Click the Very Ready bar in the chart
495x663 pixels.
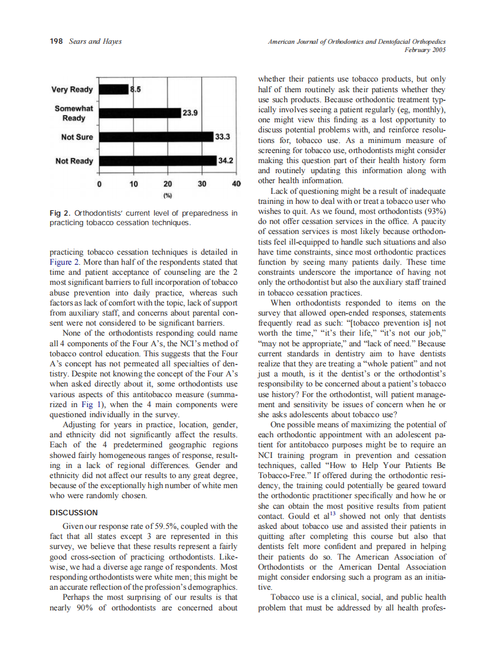pyautogui.click(x=113, y=89)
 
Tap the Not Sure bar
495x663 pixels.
pyautogui.click(x=156, y=136)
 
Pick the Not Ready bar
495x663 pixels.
pyautogui.click(x=158, y=160)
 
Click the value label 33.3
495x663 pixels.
pyautogui.click(x=222, y=136)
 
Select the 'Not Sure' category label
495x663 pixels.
pyautogui.click(x=77, y=137)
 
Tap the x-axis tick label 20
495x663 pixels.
pyautogui.click(x=168, y=184)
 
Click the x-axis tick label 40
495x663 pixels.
pyautogui.click(x=237, y=184)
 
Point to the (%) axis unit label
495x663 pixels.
pyautogui.click(x=168, y=194)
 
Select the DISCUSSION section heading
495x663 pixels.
pyautogui.click(x=74, y=512)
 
